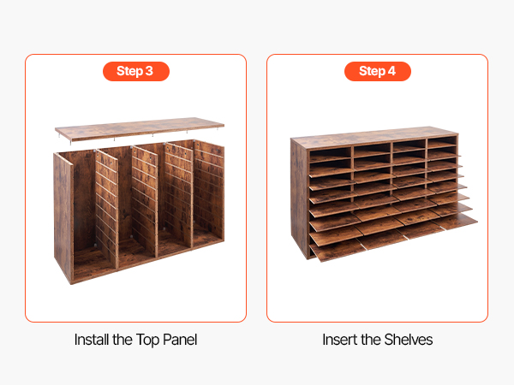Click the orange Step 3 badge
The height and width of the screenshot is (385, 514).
pos(136,71)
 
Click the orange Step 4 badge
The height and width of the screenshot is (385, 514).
pos(378,71)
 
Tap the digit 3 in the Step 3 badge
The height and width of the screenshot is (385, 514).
pos(149,71)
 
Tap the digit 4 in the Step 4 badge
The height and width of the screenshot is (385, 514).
pos(391,71)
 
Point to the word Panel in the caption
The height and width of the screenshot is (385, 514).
pos(180,340)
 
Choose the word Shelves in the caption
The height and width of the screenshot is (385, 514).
pos(409,340)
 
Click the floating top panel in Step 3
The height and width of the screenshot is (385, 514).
pos(140,128)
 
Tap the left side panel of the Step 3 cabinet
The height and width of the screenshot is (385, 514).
pos(63,217)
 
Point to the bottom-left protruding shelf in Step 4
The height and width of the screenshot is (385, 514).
pos(336,251)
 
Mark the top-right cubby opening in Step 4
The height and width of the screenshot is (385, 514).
pos(441,142)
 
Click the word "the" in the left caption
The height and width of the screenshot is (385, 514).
pos(123,340)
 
